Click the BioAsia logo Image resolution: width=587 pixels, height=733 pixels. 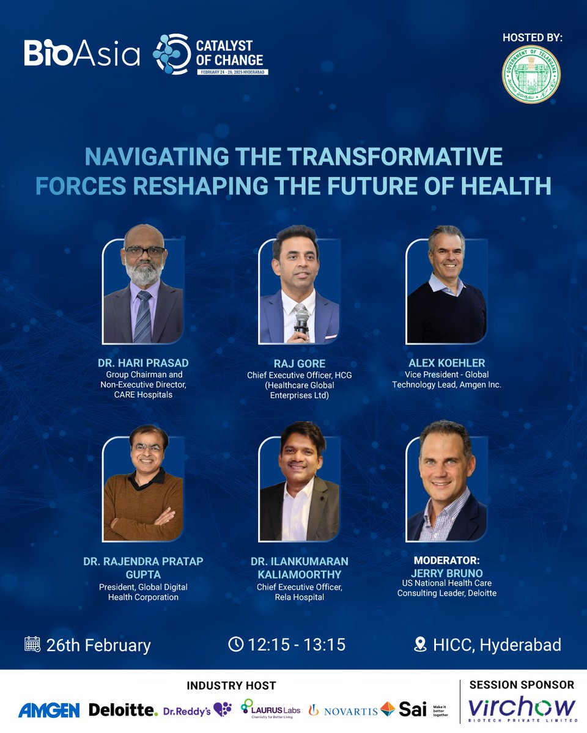click(x=82, y=53)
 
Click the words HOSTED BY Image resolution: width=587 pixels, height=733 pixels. click(x=532, y=38)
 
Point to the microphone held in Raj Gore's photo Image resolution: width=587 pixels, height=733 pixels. click(x=300, y=320)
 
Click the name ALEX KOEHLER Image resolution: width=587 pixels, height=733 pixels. click(x=446, y=363)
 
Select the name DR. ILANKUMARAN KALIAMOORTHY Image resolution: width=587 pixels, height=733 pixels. click(x=300, y=567)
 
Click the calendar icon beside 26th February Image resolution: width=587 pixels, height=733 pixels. click(x=32, y=644)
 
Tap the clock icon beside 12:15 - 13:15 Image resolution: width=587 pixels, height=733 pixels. click(x=235, y=644)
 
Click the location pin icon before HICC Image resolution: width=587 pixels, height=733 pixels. click(x=420, y=644)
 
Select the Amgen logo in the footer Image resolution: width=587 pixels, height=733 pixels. click(x=49, y=710)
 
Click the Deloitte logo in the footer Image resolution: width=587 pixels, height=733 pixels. click(x=123, y=709)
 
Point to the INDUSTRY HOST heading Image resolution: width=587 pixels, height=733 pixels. click(x=231, y=685)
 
